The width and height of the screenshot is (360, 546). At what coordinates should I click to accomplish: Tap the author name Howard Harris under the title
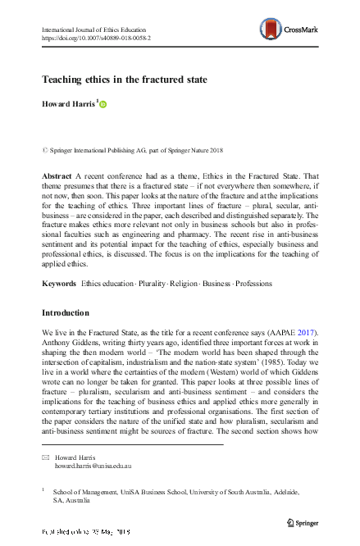[x=67, y=105]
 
